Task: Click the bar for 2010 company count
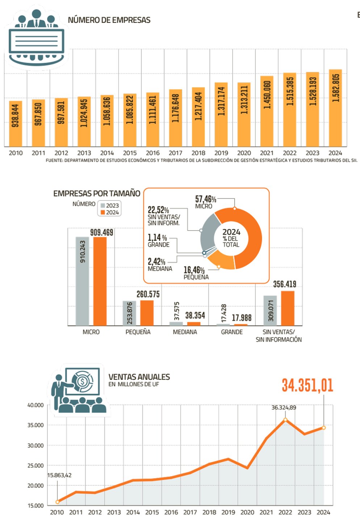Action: click(16, 123)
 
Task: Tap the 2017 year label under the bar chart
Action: click(175, 153)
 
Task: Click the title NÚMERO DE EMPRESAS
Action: click(109, 20)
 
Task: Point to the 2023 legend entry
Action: click(109, 206)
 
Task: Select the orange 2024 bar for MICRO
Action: click(100, 281)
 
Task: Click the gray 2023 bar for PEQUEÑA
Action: click(129, 313)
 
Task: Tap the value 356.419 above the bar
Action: click(285, 284)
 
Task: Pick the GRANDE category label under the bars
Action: click(232, 332)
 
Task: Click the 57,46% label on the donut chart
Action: click(205, 199)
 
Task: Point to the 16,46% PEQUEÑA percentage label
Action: click(194, 270)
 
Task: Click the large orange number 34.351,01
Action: click(307, 385)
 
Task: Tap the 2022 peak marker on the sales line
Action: click(285, 420)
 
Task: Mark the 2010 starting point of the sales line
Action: click(57, 502)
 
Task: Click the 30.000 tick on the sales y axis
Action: click(35, 446)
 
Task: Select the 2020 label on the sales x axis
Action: click(247, 512)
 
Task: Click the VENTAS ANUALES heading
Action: click(139, 377)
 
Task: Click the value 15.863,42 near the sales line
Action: click(59, 475)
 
